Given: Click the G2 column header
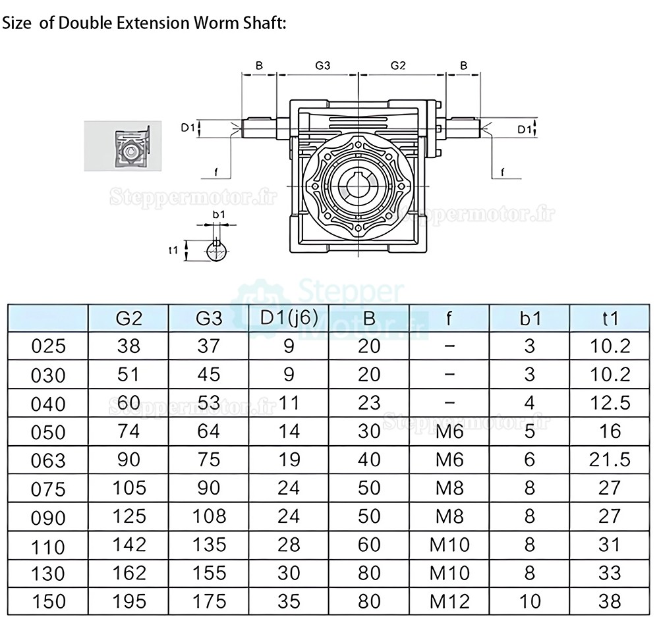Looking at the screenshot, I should click(129, 319).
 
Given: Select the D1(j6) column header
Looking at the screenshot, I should click(289, 317).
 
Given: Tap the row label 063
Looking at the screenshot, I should click(48, 460).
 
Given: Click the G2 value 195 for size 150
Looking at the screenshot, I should click(129, 601).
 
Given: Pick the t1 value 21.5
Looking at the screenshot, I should click(611, 459).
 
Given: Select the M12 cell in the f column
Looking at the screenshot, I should click(449, 601).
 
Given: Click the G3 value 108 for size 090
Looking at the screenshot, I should click(208, 516).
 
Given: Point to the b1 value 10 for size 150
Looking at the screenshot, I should click(530, 601).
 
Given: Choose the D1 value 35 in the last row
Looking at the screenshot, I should click(289, 601).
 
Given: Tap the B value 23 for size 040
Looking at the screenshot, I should click(369, 402).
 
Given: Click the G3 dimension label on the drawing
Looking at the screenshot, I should click(322, 66).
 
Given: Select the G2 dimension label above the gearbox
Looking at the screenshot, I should click(398, 66).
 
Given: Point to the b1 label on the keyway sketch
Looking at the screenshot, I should click(218, 214).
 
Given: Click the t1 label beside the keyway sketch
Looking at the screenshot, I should click(174, 250).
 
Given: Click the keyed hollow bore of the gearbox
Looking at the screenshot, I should click(358, 186).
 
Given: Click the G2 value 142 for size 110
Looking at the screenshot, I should click(129, 544).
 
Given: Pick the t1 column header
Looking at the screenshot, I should click(611, 319).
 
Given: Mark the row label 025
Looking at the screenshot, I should click(48, 346).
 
